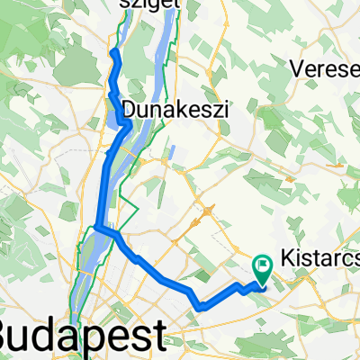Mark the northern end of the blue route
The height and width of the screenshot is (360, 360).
pyautogui.click(x=113, y=54)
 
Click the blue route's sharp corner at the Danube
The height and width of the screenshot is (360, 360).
pyautogui.click(x=96, y=227)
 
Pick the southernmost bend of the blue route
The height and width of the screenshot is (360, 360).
pyautogui.click(x=200, y=307)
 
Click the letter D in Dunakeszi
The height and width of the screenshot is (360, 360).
pyautogui.click(x=128, y=109)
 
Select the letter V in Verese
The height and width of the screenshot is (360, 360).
pyautogui.click(x=293, y=68)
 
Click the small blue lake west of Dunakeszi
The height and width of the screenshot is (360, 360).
pyautogui.click(x=119, y=112)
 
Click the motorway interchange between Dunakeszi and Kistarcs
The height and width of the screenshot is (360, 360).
pyautogui.click(x=207, y=211)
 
